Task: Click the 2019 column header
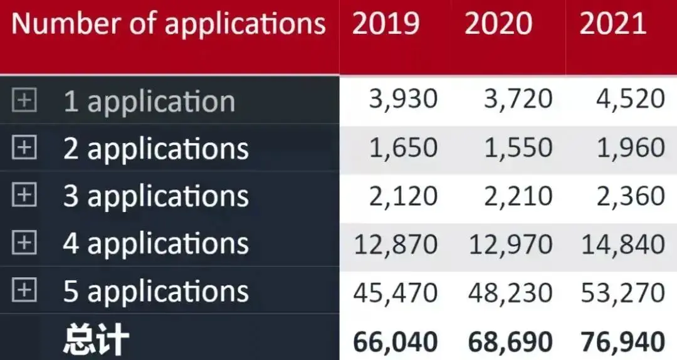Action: (386, 24)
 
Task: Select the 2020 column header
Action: (498, 24)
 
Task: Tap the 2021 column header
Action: (612, 24)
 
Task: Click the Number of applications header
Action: (169, 24)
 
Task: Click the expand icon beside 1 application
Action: (24, 100)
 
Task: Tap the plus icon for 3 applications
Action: (24, 196)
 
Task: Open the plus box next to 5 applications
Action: (24, 290)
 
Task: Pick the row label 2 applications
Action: (155, 149)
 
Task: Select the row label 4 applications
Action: (155, 244)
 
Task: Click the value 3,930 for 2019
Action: (403, 100)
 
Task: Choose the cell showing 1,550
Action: (518, 148)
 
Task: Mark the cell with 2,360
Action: (631, 196)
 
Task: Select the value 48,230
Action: (510, 292)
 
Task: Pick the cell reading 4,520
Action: (631, 100)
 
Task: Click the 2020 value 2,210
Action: (518, 196)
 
